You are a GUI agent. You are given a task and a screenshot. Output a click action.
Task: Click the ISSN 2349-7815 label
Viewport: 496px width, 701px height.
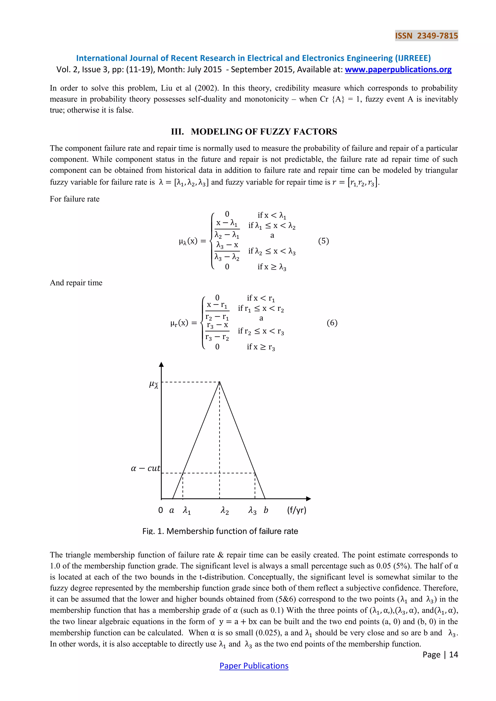click(426, 36)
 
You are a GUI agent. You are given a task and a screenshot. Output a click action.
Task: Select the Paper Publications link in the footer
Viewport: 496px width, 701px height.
click(254, 666)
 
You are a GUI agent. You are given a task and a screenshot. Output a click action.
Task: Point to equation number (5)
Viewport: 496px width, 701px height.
click(323, 241)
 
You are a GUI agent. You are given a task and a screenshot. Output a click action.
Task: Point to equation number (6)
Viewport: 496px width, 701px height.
click(332, 323)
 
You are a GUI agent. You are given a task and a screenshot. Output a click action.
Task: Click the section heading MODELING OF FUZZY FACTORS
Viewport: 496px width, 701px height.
click(254, 132)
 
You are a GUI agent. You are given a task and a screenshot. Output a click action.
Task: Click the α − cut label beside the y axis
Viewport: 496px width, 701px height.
click(145, 468)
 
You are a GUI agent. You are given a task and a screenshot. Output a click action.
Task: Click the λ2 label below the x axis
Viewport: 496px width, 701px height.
click(225, 511)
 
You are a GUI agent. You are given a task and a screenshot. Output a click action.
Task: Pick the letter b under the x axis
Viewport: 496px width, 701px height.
click(266, 510)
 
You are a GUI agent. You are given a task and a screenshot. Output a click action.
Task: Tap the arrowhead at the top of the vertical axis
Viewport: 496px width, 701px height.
click(162, 364)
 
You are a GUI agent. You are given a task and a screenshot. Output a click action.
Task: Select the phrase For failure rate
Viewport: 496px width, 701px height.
click(75, 199)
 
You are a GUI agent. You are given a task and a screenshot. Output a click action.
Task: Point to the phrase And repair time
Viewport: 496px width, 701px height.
click(76, 282)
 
